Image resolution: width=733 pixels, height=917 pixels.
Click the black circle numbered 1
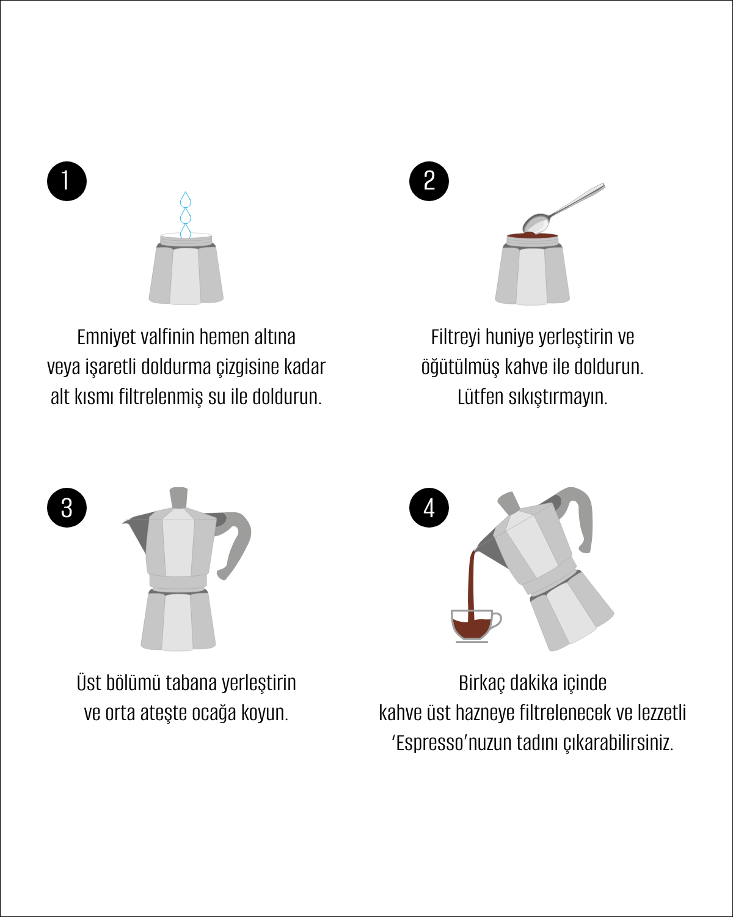pos(67,181)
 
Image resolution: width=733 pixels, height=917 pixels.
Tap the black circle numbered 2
pos(429,181)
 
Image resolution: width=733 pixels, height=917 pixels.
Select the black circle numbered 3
pos(67,507)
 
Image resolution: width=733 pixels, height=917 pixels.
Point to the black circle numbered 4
pos(429,507)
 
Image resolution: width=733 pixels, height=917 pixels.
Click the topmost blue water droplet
pos(185,199)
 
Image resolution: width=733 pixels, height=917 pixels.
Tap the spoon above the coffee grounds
pos(563,208)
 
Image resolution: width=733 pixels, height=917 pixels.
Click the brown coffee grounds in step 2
pos(533,235)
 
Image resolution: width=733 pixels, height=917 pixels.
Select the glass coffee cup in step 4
pos(476,626)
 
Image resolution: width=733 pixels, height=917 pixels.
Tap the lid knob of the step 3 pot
pos(178,497)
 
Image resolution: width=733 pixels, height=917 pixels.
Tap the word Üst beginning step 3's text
pos(88,683)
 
